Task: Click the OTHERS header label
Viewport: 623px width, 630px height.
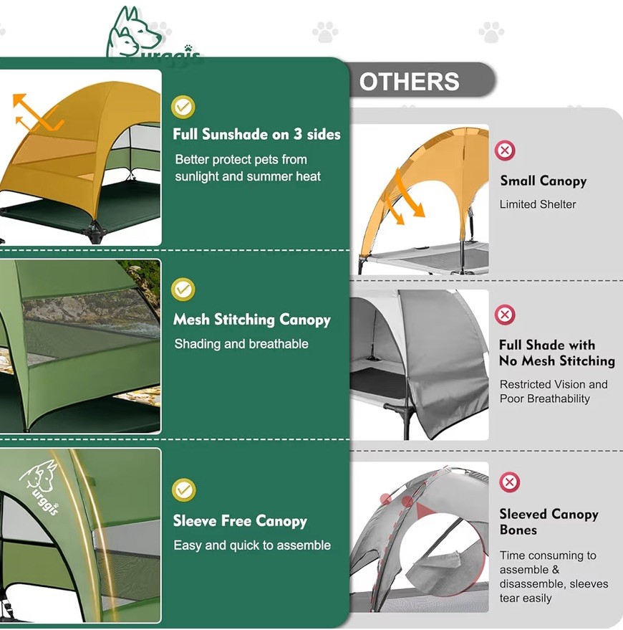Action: (409, 82)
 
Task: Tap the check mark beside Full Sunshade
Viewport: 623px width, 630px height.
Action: (183, 108)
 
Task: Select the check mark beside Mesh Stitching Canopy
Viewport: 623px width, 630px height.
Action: (183, 290)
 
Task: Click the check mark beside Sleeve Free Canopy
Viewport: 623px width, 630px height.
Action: (183, 490)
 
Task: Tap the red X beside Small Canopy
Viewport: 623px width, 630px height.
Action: (506, 151)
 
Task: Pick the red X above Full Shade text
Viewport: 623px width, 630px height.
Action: (506, 315)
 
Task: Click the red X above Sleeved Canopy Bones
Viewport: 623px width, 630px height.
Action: (509, 482)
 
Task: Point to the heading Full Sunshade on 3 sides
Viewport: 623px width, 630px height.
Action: (256, 134)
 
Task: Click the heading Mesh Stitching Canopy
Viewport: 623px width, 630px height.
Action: (252, 320)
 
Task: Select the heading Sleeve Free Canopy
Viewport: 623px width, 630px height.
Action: (240, 521)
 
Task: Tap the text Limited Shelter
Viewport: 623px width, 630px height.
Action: (538, 204)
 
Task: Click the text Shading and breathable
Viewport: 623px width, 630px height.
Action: (241, 344)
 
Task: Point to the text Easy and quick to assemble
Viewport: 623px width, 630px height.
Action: (252, 545)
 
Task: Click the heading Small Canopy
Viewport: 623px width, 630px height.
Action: (543, 181)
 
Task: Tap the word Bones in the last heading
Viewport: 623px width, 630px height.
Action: (518, 530)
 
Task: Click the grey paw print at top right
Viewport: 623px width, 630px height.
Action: (491, 32)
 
